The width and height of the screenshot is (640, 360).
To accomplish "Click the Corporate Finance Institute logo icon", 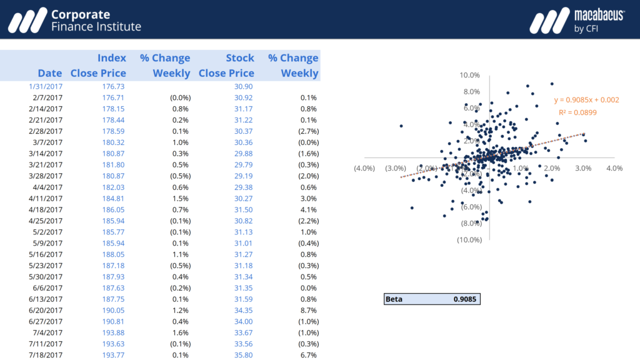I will (x=27, y=20).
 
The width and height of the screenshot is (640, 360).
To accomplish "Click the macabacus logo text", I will (x=599, y=14).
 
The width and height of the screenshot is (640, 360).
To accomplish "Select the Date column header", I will (x=50, y=73).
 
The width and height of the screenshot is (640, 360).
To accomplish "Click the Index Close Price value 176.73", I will (x=113, y=87).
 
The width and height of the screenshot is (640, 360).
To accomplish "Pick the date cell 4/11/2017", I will (x=46, y=198).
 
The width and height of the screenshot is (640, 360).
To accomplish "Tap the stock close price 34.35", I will (x=244, y=310).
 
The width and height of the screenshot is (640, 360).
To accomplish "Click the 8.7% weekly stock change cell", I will (x=308, y=310).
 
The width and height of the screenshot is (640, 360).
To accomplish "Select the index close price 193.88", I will (x=113, y=332).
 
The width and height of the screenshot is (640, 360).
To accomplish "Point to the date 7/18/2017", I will (x=46, y=355).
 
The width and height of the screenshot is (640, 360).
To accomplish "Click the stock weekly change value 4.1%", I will (x=308, y=209).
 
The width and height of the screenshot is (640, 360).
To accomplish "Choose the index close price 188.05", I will (x=113, y=254).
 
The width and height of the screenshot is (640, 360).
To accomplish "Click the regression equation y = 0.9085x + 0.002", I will (x=586, y=100).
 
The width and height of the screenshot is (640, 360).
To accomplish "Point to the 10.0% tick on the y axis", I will (x=469, y=75).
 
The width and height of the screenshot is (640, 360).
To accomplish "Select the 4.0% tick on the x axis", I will (x=614, y=168).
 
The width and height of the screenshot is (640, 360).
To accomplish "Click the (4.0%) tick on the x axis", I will (x=364, y=168).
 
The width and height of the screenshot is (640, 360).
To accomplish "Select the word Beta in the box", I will (x=394, y=299).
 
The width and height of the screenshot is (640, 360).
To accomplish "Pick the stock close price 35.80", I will (x=244, y=355).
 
